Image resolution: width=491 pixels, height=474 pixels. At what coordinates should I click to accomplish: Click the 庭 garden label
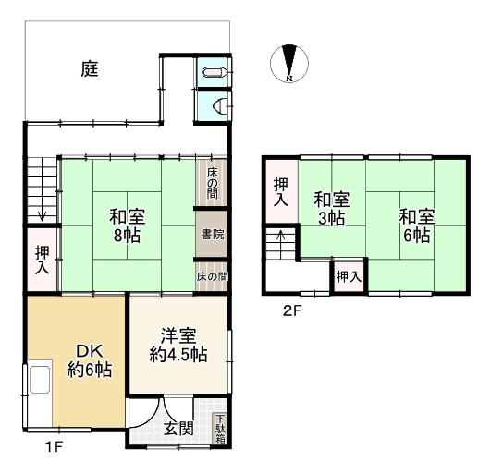[90, 68]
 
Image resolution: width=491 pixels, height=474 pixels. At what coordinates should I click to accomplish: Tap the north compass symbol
[289, 63]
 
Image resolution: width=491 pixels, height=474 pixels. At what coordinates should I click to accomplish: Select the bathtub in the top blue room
[214, 72]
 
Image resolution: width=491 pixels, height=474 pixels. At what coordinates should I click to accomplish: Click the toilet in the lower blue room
[219, 106]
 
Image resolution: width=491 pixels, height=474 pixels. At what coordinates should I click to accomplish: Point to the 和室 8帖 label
[127, 225]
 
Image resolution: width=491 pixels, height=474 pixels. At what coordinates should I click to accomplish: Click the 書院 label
[213, 234]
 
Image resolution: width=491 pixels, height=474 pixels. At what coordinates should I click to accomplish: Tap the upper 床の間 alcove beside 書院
[212, 183]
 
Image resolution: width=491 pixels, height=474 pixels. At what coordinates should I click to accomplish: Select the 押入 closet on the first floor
[43, 260]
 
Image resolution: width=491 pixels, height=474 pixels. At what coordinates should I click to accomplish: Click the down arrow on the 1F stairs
[42, 216]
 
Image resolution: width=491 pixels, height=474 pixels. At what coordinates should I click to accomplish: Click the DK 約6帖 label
[90, 360]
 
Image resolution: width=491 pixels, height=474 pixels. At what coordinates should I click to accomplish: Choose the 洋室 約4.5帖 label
[178, 346]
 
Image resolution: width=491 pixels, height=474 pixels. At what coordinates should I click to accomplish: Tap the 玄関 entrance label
[178, 429]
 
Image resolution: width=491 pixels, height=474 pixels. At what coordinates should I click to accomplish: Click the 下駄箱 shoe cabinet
[220, 429]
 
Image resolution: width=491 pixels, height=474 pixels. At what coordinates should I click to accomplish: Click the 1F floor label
[55, 447]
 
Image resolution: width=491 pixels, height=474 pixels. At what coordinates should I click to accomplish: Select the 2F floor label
[291, 311]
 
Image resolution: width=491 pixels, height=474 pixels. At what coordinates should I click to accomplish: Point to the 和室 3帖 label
[332, 209]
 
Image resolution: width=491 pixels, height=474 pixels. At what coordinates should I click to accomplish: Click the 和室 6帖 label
[417, 225]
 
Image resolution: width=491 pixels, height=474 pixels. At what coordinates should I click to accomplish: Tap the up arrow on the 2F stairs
[281, 237]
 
